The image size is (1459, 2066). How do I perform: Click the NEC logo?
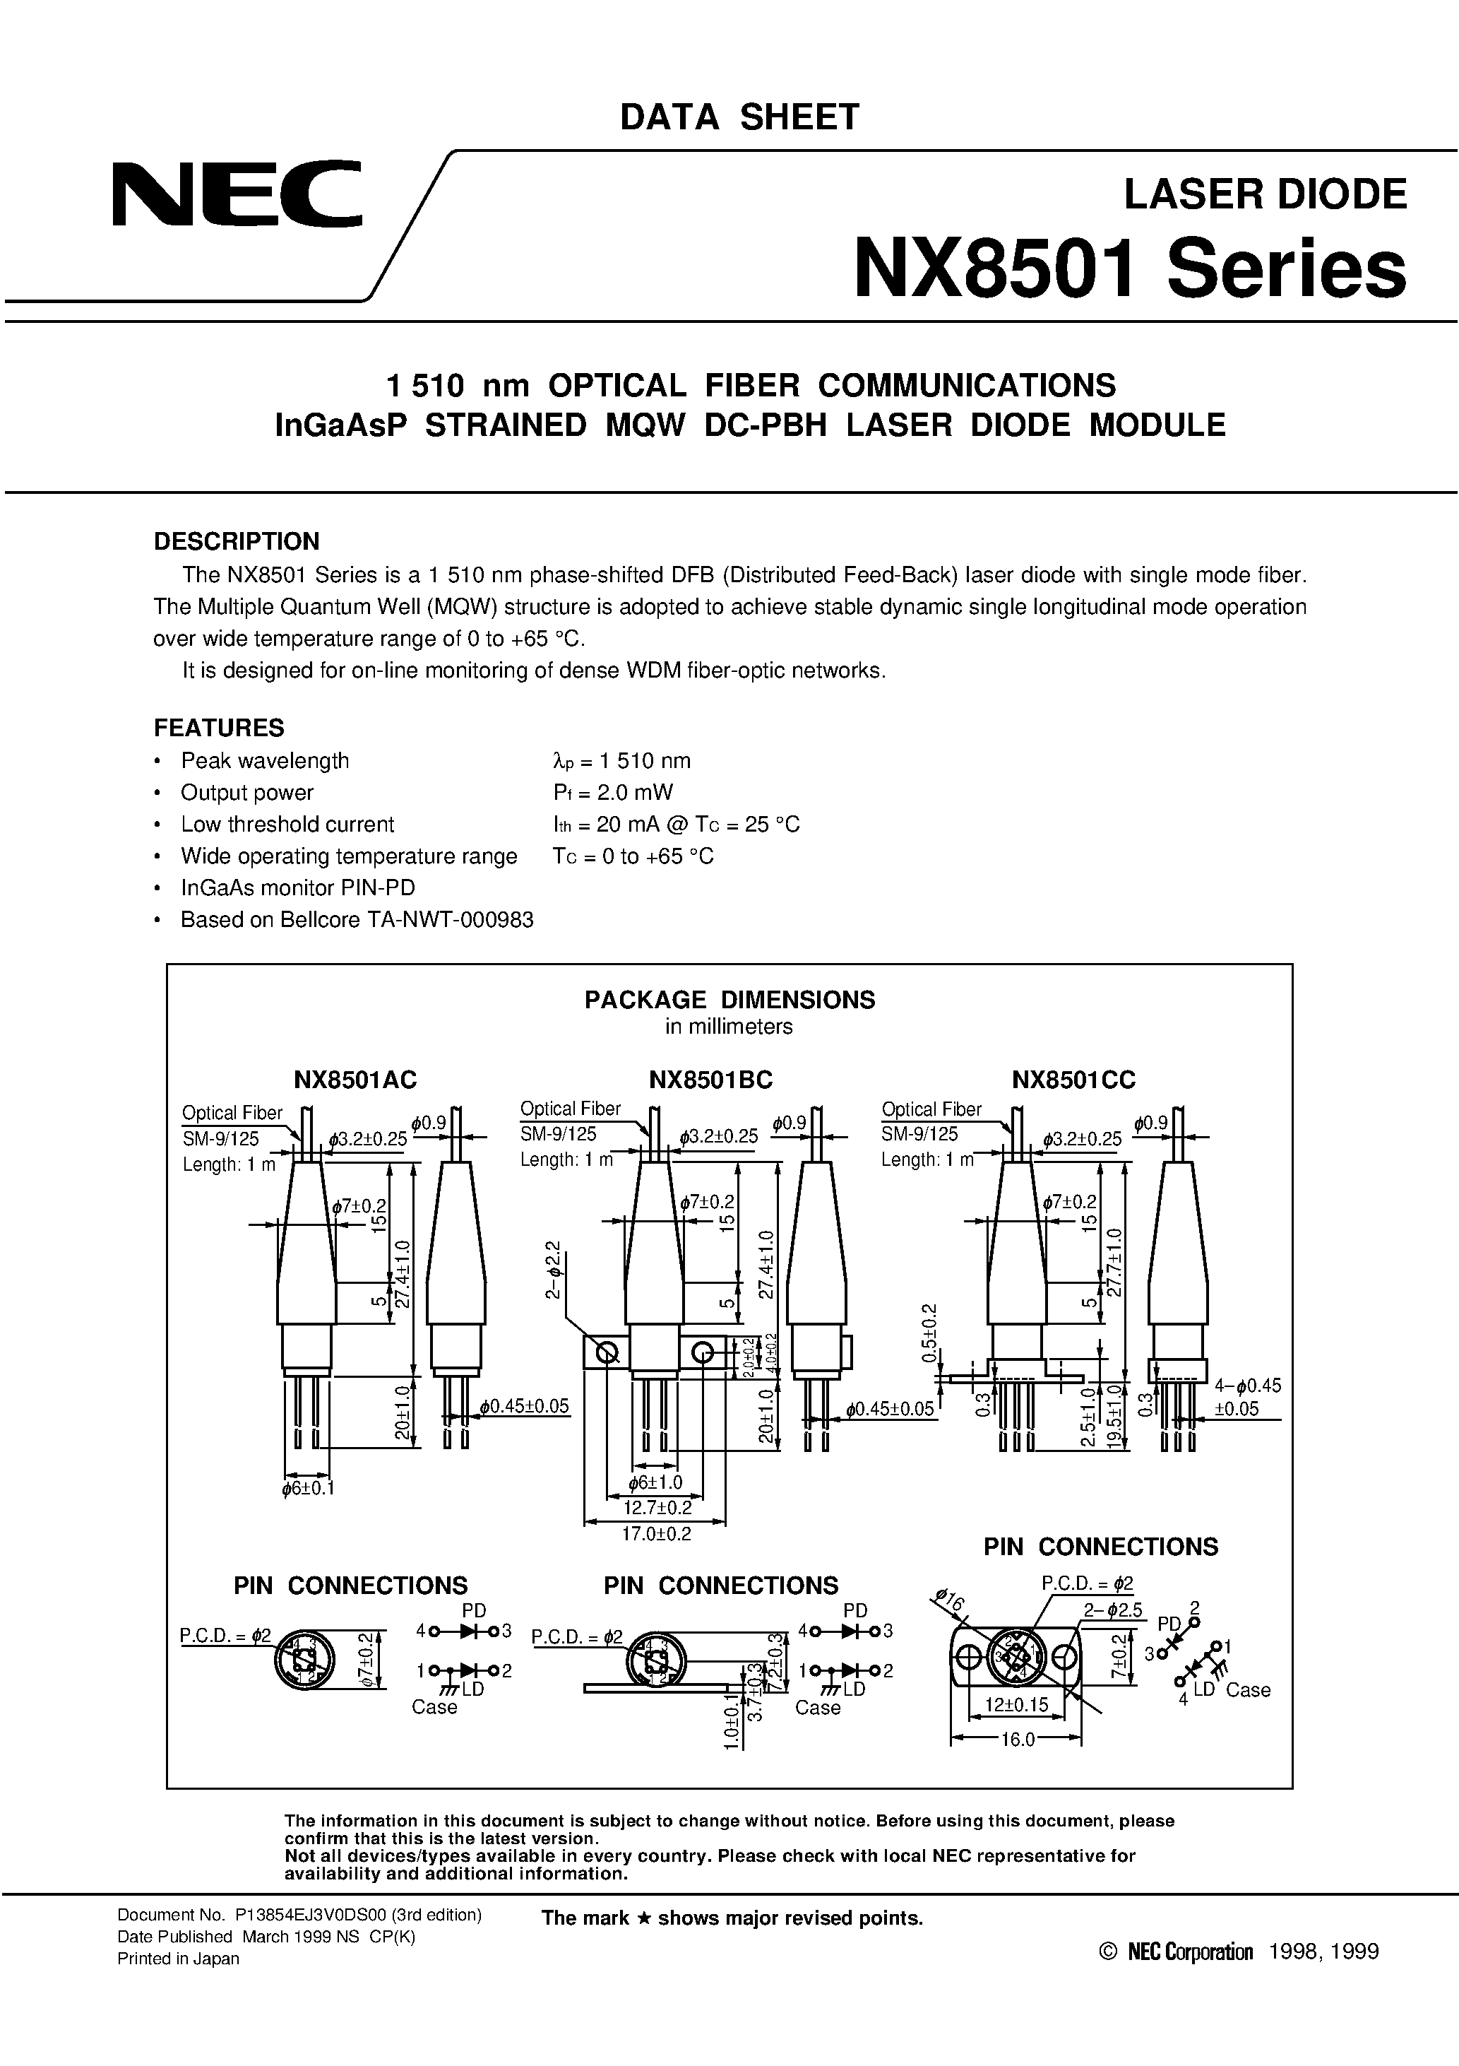[x=236, y=194]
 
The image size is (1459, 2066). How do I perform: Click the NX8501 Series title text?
[x=1129, y=269]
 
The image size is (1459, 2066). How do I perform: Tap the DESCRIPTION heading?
[x=237, y=541]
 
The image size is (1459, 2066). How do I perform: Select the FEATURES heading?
[x=219, y=727]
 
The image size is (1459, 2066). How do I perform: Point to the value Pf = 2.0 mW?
[x=612, y=792]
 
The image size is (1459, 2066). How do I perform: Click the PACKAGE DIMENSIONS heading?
[x=729, y=1000]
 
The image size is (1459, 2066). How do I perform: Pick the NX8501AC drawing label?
[x=355, y=1079]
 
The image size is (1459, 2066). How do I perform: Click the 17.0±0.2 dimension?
[x=657, y=1533]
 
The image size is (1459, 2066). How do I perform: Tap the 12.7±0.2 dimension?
[x=657, y=1506]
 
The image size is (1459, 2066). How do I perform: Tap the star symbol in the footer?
[x=643, y=1918]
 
